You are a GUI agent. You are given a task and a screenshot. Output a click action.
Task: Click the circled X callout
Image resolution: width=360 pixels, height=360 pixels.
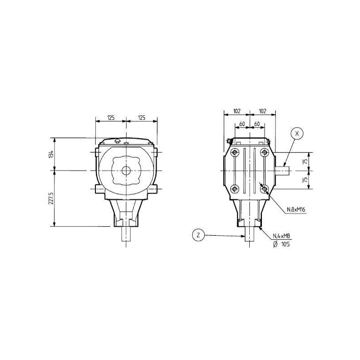coord(297,134)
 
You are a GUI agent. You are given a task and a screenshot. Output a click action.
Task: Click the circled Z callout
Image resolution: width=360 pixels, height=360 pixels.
coord(198,235)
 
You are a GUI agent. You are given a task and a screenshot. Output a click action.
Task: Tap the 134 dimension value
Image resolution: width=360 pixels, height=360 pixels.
coord(51,153)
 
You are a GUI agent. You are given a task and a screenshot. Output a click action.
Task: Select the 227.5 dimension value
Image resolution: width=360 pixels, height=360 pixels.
coord(51,198)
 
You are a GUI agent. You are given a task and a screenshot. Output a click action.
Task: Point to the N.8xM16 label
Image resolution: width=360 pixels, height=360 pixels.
coord(296,209)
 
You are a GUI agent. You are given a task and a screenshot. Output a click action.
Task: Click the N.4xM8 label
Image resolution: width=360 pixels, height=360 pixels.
coord(281,236)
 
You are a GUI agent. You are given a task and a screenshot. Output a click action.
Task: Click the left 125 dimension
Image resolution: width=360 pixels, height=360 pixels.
coord(111,118)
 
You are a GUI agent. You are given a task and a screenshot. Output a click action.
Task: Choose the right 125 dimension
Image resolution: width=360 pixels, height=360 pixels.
coord(142,118)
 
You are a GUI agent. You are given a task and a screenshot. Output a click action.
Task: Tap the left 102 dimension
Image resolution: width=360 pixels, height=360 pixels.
coord(237,111)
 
